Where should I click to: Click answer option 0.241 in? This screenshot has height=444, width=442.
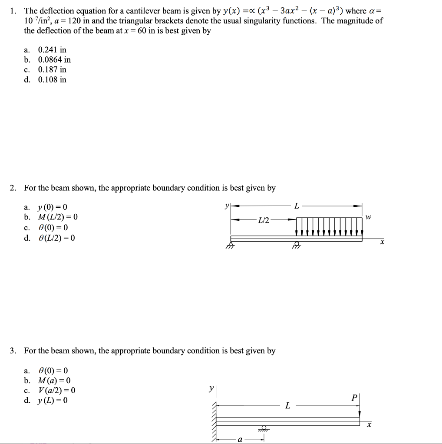(52, 50)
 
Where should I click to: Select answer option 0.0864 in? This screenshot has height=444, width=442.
(54, 60)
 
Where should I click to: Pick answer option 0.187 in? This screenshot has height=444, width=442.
(52, 69)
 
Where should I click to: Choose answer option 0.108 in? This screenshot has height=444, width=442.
(52, 79)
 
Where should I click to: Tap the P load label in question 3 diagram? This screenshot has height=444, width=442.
(355, 398)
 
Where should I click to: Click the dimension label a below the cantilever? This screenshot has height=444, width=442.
(239, 439)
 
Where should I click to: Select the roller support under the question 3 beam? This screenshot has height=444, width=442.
(263, 428)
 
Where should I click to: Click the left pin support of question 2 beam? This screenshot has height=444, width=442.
(231, 245)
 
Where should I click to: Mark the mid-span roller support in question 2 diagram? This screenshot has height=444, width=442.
(297, 245)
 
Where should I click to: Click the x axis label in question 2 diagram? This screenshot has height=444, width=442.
(382, 243)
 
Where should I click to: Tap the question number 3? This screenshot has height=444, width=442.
(13, 351)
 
